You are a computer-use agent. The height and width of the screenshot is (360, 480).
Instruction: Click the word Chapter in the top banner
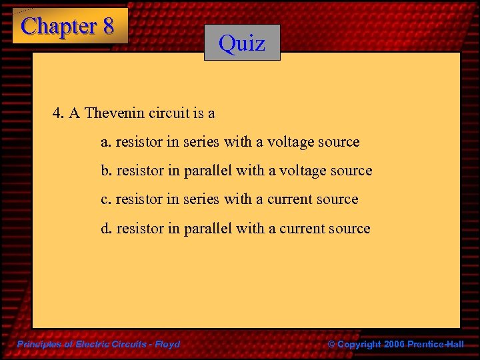click(x=59, y=27)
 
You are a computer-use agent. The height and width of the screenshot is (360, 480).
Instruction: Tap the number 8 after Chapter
click(x=108, y=27)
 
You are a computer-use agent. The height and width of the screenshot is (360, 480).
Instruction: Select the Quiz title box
click(x=242, y=43)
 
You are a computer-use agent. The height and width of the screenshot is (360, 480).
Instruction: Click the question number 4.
click(x=58, y=113)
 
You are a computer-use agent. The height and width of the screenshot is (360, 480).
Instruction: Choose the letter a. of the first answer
click(x=105, y=142)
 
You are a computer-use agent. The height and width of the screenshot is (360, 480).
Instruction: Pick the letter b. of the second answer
click(x=106, y=171)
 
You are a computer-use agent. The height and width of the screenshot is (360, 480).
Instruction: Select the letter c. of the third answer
click(x=105, y=199)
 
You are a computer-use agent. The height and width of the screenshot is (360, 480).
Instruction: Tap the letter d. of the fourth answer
click(x=106, y=228)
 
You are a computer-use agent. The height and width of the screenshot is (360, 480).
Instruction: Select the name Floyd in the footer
click(x=167, y=344)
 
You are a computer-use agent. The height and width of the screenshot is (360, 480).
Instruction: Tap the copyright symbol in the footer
click(x=332, y=344)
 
